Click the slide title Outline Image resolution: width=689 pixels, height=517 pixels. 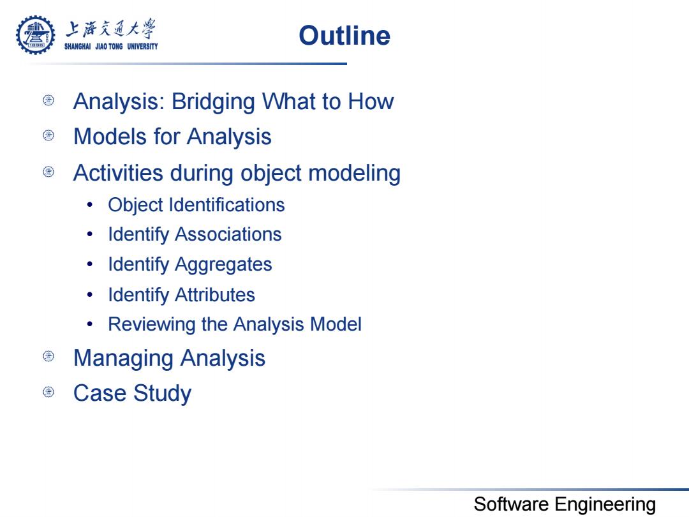[x=344, y=36]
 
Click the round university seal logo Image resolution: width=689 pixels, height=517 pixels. [x=36, y=35]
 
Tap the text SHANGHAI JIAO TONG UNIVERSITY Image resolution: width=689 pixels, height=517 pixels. [x=111, y=46]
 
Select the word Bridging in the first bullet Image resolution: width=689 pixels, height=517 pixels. [x=213, y=102]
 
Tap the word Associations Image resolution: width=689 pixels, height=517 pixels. [x=228, y=234]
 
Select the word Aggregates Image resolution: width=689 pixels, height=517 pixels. [x=223, y=265]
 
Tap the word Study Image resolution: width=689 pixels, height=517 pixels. [x=163, y=394]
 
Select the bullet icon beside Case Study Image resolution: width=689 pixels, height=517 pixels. [x=48, y=392]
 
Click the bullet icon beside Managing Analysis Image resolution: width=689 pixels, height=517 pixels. [x=48, y=356]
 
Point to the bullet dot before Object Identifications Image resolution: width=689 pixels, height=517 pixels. [x=90, y=205]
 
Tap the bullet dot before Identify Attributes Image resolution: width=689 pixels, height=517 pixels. [x=90, y=294]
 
